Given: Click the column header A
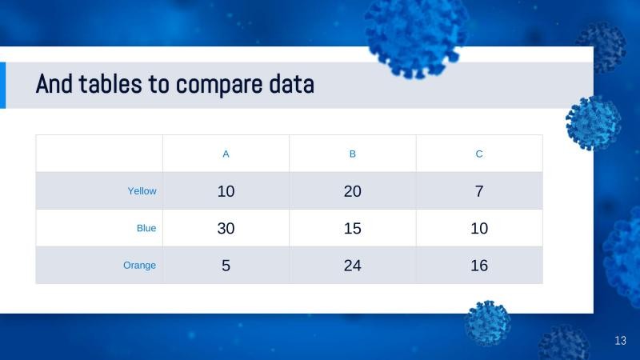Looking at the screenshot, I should [226, 154].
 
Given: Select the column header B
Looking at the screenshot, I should [353, 154].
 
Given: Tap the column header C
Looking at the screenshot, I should [479, 154].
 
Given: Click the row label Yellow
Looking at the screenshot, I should [142, 191].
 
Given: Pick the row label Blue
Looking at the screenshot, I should [146, 228].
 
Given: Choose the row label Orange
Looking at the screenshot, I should [139, 265].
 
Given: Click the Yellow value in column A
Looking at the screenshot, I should [226, 191].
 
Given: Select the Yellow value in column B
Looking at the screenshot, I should [353, 191].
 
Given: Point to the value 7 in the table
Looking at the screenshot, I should [479, 191].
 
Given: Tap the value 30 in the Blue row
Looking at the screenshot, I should [226, 228].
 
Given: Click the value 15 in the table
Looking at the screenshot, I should [353, 228].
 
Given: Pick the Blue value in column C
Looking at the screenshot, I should [479, 228].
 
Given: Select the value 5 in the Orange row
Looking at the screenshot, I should [226, 266].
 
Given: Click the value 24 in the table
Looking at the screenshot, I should [353, 266].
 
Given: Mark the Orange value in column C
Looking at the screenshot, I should [479, 266].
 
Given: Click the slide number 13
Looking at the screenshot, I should [620, 342].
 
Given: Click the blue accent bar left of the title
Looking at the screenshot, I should [2, 85].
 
